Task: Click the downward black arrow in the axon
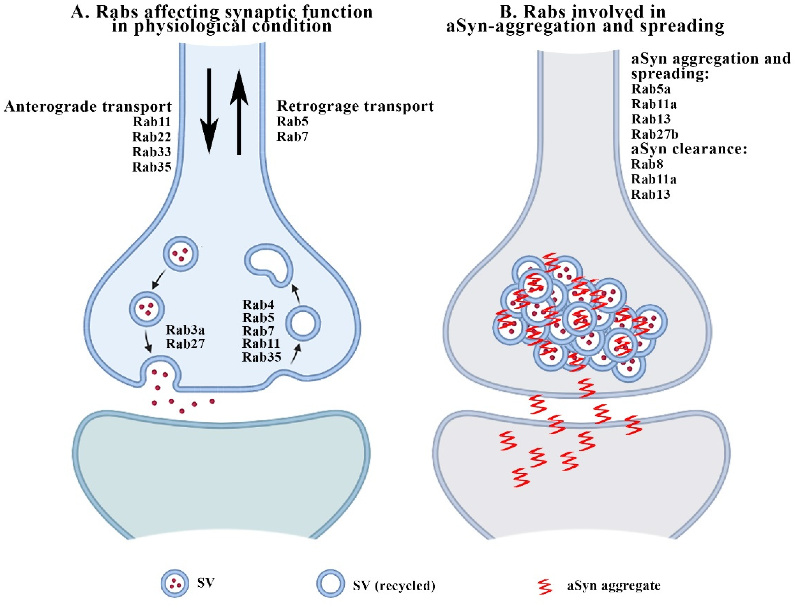[209, 112]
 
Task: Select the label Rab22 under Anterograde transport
[152, 137]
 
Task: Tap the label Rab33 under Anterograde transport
[152, 152]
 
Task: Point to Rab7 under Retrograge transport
[292, 137]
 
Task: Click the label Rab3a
[185, 330]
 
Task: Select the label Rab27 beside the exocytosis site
[185, 343]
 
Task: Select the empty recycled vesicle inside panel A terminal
[303, 323]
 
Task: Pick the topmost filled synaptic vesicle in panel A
[181, 254]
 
